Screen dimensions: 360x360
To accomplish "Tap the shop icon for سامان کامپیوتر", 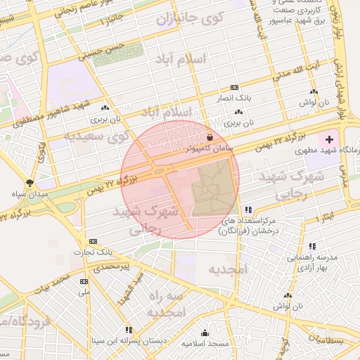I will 211,136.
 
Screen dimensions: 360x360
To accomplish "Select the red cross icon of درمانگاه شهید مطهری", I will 330,139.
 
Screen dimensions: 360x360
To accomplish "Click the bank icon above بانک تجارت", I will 94,240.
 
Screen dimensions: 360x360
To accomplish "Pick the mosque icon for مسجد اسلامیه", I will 205,333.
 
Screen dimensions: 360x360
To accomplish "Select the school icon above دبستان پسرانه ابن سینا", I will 129,329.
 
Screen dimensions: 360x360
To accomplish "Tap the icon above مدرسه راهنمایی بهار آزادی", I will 312,246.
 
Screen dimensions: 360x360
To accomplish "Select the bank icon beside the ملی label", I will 84,281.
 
